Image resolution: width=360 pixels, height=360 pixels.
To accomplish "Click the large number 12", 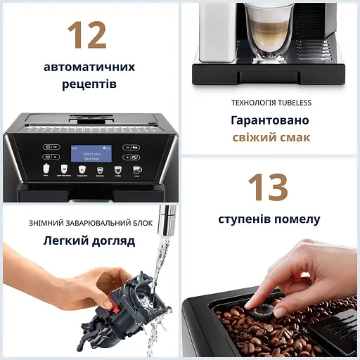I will (x=87, y=35).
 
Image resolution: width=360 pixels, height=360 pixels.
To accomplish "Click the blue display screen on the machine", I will (x=91, y=153).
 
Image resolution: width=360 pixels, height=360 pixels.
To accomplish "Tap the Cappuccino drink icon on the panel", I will (x=82, y=169).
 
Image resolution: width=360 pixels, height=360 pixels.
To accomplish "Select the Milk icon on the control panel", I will (x=46, y=169).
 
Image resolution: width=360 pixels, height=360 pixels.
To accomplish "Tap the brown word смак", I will (x=292, y=137).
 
